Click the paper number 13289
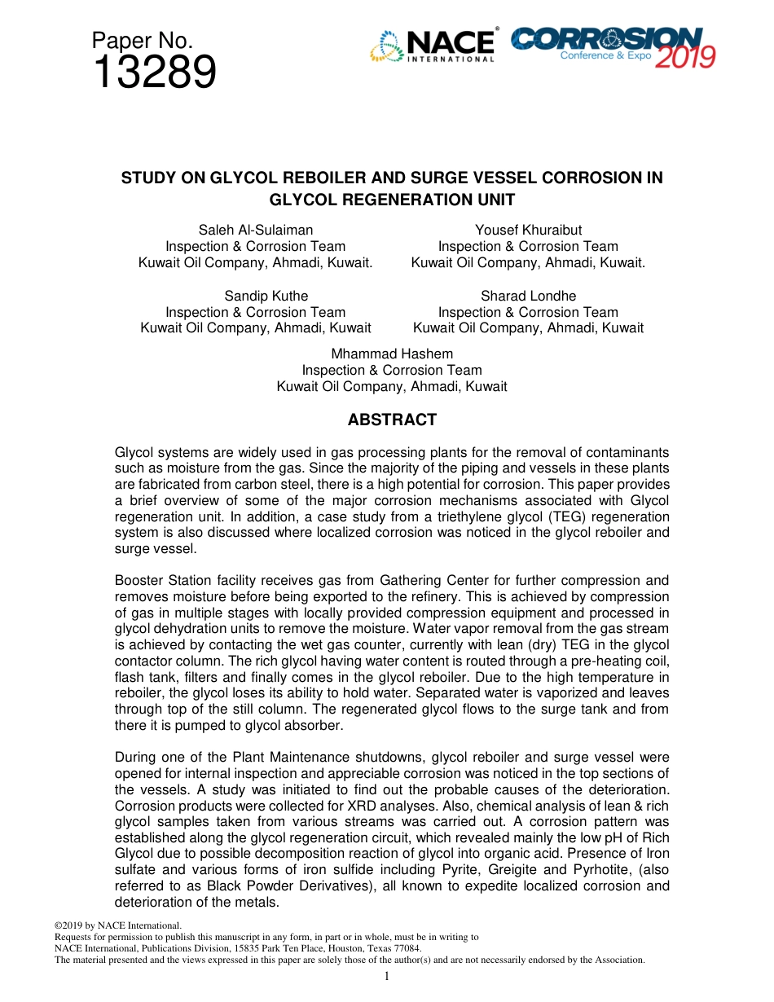pyautogui.click(x=154, y=73)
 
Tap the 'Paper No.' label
pyautogui.click(x=142, y=40)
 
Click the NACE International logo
pyautogui.click(x=433, y=46)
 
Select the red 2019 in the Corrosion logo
pyautogui.click(x=685, y=56)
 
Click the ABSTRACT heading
pyautogui.click(x=392, y=420)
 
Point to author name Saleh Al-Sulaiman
pyautogui.click(x=256, y=231)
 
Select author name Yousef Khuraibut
pyautogui.click(x=528, y=231)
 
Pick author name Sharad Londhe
pyautogui.click(x=528, y=296)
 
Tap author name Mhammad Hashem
pyautogui.click(x=392, y=354)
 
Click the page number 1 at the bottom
pyautogui.click(x=387, y=976)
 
